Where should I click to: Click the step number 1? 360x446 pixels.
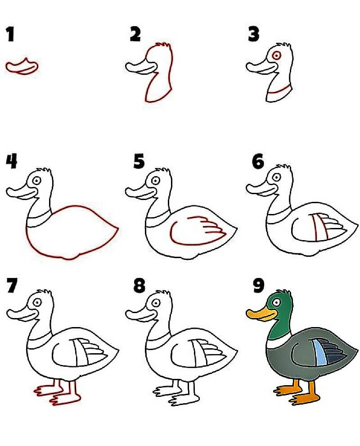click(x=10, y=34)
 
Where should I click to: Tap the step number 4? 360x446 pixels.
click(x=11, y=161)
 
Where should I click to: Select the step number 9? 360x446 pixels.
click(x=258, y=285)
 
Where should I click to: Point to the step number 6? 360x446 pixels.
click(x=258, y=162)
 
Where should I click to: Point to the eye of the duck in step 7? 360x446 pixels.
click(x=37, y=302)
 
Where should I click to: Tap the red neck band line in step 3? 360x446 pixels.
click(x=280, y=90)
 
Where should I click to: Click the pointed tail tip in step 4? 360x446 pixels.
click(x=117, y=228)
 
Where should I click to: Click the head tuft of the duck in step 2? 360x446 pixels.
click(x=164, y=46)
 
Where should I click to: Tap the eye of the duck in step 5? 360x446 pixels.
click(x=155, y=181)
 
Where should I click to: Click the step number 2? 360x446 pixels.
click(x=135, y=34)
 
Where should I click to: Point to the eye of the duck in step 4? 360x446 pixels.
click(x=36, y=181)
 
